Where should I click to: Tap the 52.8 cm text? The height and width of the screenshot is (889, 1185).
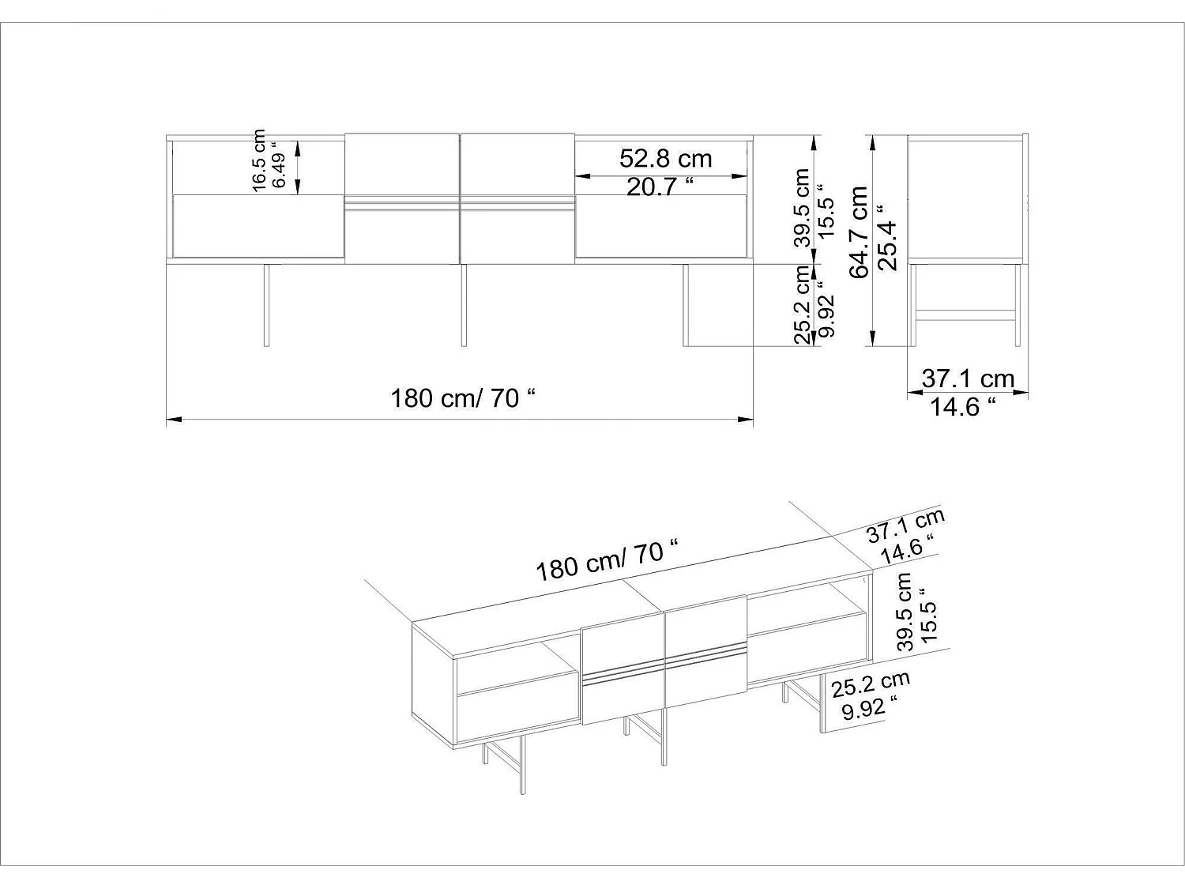665,159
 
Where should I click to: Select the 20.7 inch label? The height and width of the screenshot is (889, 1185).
660,187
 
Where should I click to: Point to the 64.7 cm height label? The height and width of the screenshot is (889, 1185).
859,232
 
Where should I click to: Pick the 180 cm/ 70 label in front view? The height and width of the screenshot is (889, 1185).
463,398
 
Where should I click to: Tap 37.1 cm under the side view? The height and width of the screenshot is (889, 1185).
968,379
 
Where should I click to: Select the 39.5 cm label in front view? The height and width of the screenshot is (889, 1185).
803,207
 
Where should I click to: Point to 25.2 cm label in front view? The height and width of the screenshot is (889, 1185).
803,304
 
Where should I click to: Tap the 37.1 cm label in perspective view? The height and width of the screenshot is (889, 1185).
905,525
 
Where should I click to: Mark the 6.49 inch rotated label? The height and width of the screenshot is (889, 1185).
278,165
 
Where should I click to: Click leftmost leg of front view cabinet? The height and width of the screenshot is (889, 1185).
266,304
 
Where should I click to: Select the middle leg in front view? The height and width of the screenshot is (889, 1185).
464,304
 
